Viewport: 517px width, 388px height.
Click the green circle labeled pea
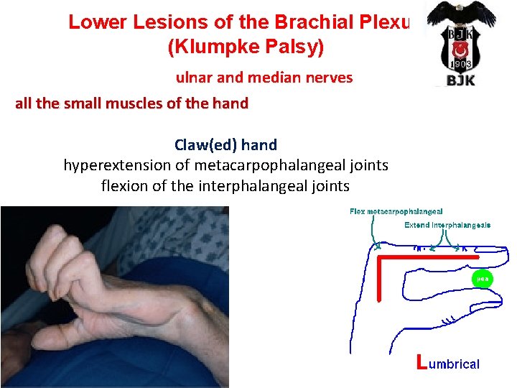click(x=480, y=278)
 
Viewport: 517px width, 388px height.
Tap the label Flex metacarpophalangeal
click(x=396, y=211)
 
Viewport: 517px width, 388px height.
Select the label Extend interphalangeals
click(x=447, y=225)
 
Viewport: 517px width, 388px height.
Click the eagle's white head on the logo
click(x=460, y=8)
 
